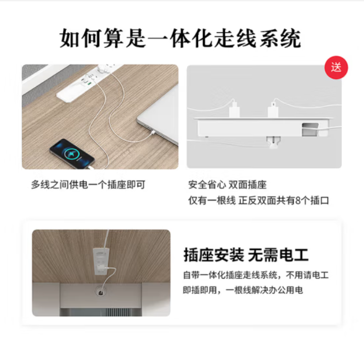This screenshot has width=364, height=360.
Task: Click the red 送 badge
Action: coord(336,68)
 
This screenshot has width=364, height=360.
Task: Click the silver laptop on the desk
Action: coord(158,121)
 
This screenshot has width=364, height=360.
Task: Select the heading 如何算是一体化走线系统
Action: coord(180,38)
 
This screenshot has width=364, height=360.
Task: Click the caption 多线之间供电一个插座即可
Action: coord(88,184)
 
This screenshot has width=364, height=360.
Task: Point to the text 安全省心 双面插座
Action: coord(227,184)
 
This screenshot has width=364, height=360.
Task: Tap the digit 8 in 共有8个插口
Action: coord(299,201)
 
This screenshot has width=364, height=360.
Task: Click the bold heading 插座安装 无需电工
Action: coord(246,255)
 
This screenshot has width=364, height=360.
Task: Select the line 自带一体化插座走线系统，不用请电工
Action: coord(256,275)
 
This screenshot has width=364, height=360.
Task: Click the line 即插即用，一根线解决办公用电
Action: coord(243,290)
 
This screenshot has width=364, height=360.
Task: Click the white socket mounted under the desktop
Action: coord(101,261)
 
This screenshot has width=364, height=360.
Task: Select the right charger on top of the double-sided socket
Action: coord(273,110)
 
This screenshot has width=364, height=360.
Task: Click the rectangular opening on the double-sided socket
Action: coord(310,129)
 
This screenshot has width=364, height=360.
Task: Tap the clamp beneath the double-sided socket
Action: coord(273,141)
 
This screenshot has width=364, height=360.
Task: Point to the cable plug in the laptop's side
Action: coord(152,133)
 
